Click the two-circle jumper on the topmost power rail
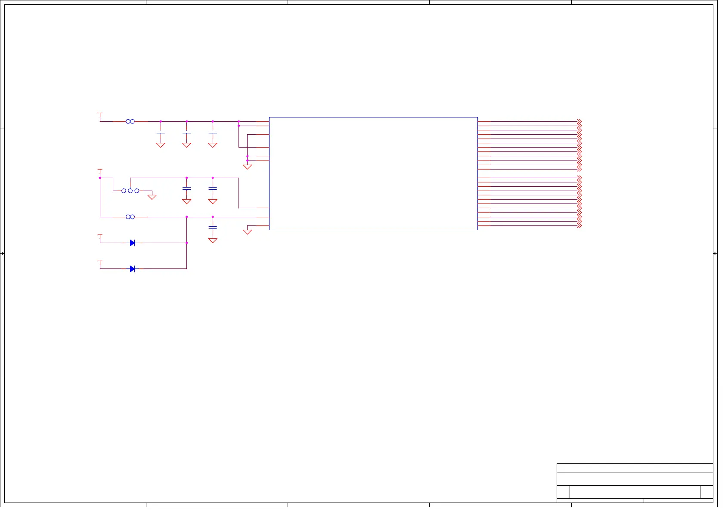[x=130, y=121]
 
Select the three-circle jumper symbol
[x=130, y=191]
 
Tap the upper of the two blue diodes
[x=132, y=243]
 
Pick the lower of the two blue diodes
[x=132, y=269]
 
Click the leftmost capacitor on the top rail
[x=161, y=132]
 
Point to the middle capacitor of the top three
[x=186, y=132]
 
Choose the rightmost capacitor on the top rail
[x=213, y=132]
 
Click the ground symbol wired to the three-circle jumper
[x=152, y=197]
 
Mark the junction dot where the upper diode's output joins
[x=186, y=243]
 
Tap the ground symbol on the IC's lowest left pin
[x=247, y=231]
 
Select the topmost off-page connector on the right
[x=579, y=121]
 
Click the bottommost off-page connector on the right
[x=579, y=225]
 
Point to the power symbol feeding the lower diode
[x=100, y=261]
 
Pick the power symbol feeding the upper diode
[x=100, y=235]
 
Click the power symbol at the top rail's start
[x=100, y=114]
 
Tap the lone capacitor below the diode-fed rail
[x=213, y=227]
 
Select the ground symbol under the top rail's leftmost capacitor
[x=161, y=145]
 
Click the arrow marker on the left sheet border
[x=3, y=253]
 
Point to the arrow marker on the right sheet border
[x=715, y=253]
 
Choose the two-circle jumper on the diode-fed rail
[x=130, y=217]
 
